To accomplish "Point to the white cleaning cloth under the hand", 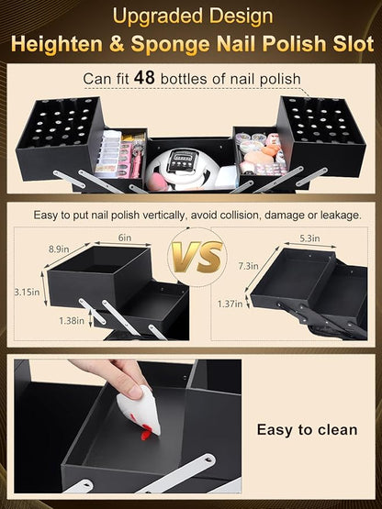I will click(x=143, y=410).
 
